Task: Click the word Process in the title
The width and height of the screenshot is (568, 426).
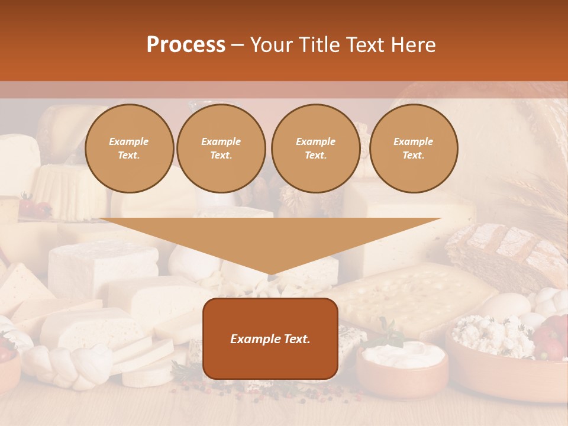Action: point(186,45)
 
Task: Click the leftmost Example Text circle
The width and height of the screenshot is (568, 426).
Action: point(129,149)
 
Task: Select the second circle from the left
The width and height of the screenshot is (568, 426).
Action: point(221,149)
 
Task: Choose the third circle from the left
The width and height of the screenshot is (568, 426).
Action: point(315,149)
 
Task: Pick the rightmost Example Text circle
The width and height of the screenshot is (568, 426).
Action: point(413,149)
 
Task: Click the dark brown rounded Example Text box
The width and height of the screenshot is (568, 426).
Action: point(270,338)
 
